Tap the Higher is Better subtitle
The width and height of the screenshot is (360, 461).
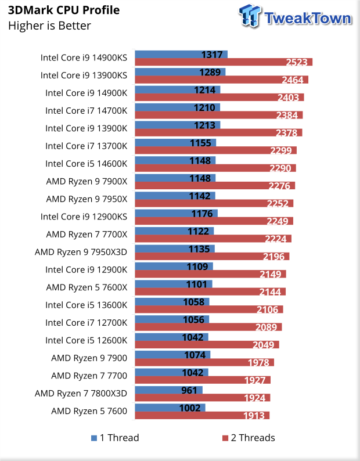click(x=49, y=26)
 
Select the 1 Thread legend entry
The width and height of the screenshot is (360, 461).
click(x=115, y=438)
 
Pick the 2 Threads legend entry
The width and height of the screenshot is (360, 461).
click(x=249, y=438)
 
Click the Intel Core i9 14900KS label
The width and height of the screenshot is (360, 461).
click(x=84, y=57)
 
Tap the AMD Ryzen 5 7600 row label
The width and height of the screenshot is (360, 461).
click(x=89, y=410)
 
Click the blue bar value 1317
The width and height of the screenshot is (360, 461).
click(x=213, y=55)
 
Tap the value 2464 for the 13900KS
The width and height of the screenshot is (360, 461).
click(x=296, y=80)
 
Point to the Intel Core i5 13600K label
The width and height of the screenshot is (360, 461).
click(x=86, y=305)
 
